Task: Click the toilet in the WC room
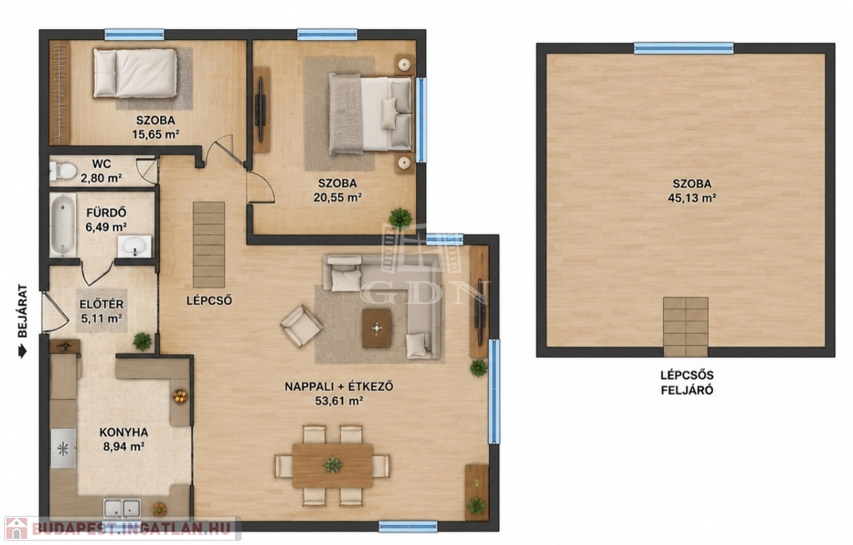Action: (x=62, y=171)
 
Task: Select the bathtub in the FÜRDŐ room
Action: (x=63, y=225)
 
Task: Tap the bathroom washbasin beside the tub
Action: (x=134, y=247)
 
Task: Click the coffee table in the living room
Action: (x=377, y=328)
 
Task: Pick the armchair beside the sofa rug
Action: (x=302, y=326)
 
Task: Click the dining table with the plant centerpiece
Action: (x=332, y=466)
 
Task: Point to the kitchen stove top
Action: (x=63, y=448)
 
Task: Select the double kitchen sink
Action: (x=122, y=508)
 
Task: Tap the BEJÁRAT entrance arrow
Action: (x=22, y=352)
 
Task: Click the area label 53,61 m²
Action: (x=339, y=402)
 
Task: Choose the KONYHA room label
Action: (x=123, y=432)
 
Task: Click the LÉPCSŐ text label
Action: (x=209, y=301)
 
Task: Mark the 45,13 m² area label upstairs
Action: (x=691, y=198)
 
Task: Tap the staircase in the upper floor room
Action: (x=686, y=327)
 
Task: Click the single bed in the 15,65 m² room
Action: (x=135, y=73)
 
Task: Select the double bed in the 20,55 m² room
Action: (x=370, y=113)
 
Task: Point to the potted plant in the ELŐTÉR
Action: (x=142, y=342)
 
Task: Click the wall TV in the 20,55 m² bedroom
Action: (x=261, y=109)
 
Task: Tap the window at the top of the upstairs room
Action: (x=684, y=48)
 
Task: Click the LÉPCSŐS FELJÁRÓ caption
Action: (x=687, y=382)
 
